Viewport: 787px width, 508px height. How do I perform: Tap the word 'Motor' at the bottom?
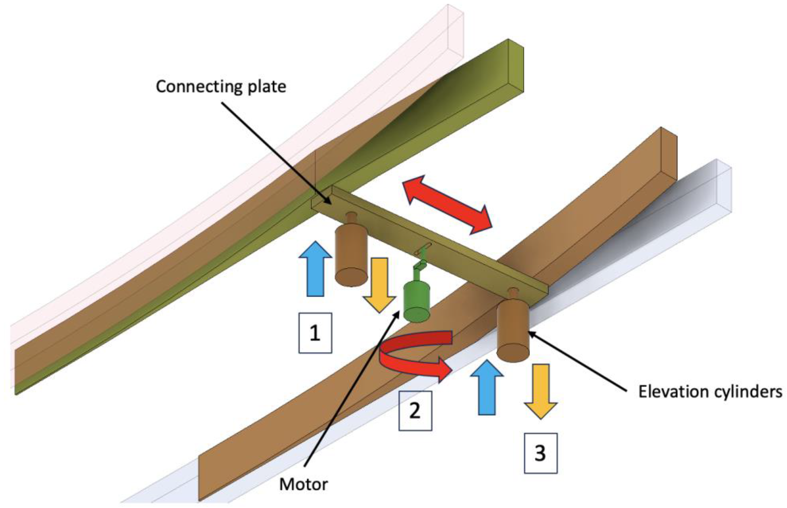click(x=303, y=484)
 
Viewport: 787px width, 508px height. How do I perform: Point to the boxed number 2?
click(x=415, y=411)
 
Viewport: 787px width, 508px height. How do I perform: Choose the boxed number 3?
click(x=540, y=453)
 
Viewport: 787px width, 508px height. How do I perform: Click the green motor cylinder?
click(x=416, y=302)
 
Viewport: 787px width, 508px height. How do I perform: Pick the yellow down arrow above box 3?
click(x=540, y=391)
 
